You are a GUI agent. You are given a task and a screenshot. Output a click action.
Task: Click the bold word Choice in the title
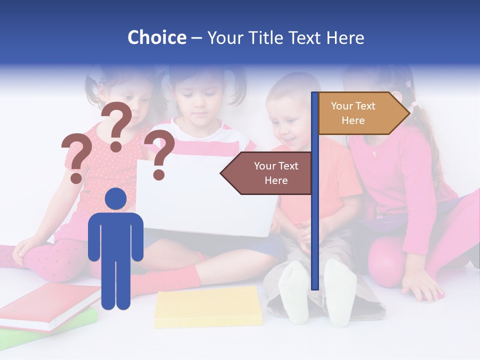pos(156,37)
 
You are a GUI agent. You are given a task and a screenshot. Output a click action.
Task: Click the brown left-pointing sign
pos(267,173)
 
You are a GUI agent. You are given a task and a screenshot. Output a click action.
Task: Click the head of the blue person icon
pos(116,199)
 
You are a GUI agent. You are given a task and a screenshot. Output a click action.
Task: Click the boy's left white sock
pos(294,292)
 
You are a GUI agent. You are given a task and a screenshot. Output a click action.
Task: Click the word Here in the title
pos(345,37)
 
